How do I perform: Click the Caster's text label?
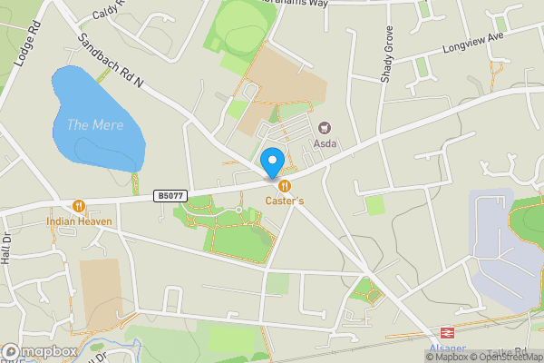pyautogui.click(x=285, y=201)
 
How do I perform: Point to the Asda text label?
pyautogui.click(x=325, y=143)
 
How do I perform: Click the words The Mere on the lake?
pyautogui.click(x=94, y=124)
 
